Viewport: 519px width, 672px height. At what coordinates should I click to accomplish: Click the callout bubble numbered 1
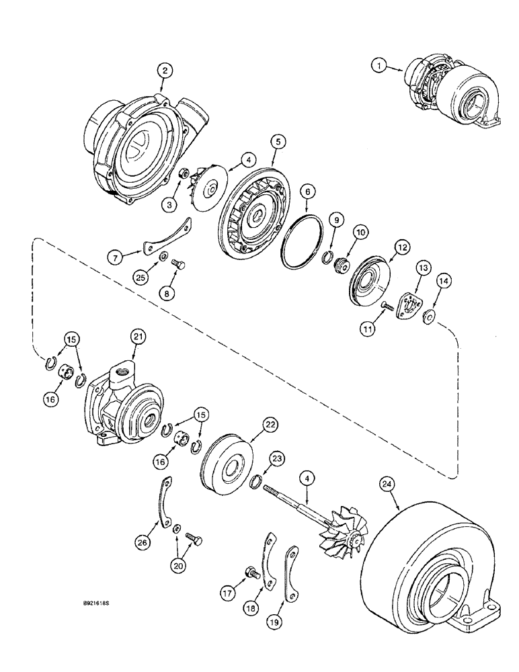[x=381, y=65]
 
